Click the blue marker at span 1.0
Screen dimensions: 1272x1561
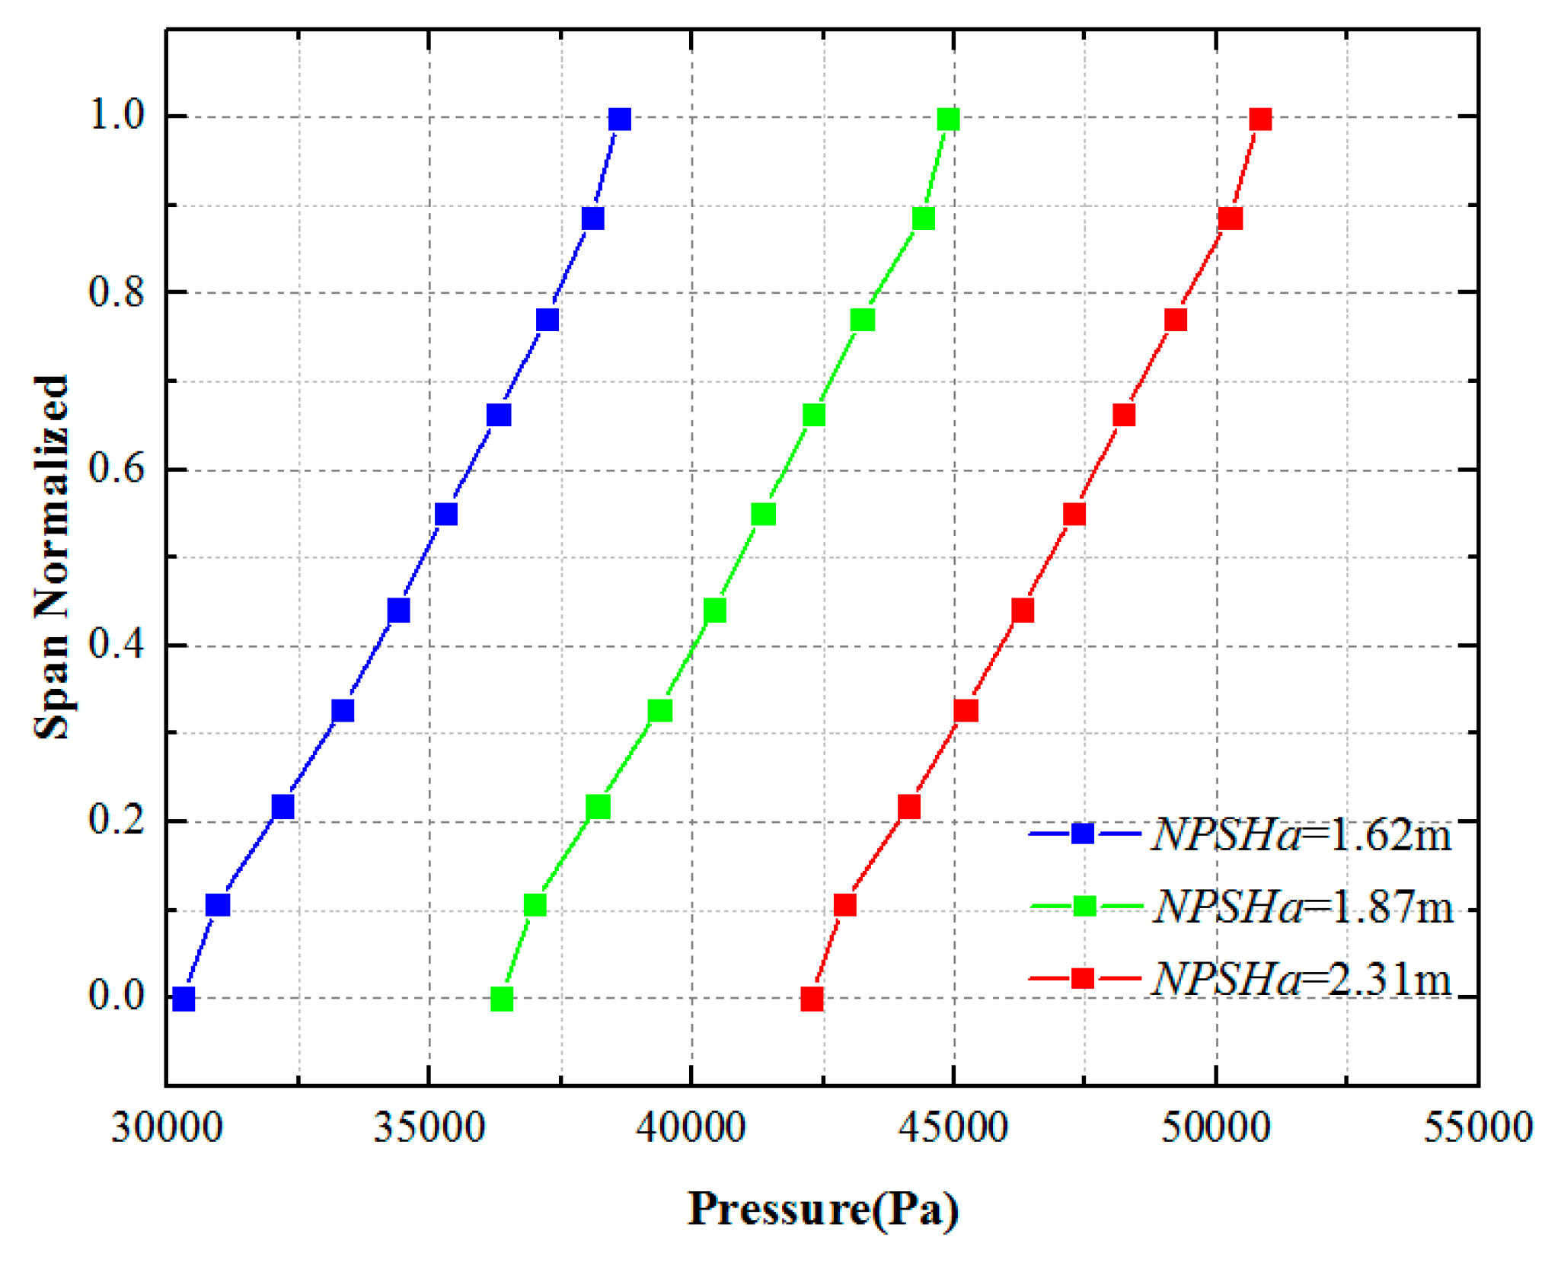(x=620, y=120)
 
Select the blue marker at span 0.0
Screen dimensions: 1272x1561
(x=184, y=999)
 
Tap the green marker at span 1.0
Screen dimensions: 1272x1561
(x=948, y=120)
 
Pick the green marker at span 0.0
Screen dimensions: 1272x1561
(x=502, y=999)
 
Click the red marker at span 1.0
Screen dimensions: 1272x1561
(x=1260, y=120)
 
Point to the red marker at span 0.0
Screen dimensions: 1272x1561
(x=812, y=999)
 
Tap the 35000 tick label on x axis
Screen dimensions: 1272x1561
(x=429, y=1127)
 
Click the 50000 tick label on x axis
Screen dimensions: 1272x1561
(x=1216, y=1127)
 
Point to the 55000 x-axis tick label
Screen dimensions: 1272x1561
(x=1478, y=1127)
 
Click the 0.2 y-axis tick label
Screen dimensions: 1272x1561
(x=117, y=820)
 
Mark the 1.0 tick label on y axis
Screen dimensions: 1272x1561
(x=117, y=116)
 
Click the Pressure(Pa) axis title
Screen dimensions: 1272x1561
(x=822, y=1210)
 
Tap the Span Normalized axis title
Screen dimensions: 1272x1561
(x=52, y=557)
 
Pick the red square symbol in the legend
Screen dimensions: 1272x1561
(x=1082, y=978)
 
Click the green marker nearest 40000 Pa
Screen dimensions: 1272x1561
(x=714, y=610)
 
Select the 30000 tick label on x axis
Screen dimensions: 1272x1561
(x=167, y=1127)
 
